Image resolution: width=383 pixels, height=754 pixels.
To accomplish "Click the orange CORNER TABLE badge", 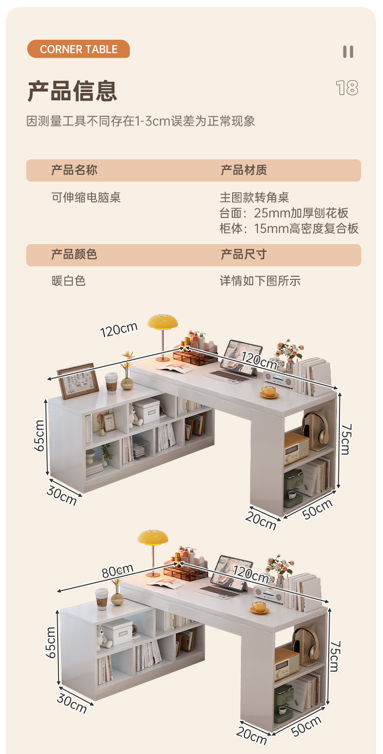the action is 79,49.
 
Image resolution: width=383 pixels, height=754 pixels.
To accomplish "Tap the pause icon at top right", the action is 348,52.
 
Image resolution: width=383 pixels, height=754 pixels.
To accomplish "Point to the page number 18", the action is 347,88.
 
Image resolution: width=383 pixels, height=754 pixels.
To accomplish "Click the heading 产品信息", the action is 72,91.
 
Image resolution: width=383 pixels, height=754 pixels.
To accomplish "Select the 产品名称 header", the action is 74,170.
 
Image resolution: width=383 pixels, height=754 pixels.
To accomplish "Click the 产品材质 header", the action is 244,170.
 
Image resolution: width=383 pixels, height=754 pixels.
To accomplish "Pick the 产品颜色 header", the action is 74,254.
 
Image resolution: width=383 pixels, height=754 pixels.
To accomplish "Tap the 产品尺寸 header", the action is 244,254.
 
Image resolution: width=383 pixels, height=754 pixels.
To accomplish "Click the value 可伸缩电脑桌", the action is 86,197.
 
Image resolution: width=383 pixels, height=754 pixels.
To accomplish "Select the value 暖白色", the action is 68,280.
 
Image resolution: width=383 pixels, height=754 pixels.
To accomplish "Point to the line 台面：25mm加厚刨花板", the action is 284,213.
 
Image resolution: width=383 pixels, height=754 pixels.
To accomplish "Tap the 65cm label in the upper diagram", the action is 40,435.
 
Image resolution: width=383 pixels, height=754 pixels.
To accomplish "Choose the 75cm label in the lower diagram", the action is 334,656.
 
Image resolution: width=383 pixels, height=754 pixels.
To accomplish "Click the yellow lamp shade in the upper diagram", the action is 162,321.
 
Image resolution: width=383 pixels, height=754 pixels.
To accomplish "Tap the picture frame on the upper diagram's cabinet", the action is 76,380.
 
